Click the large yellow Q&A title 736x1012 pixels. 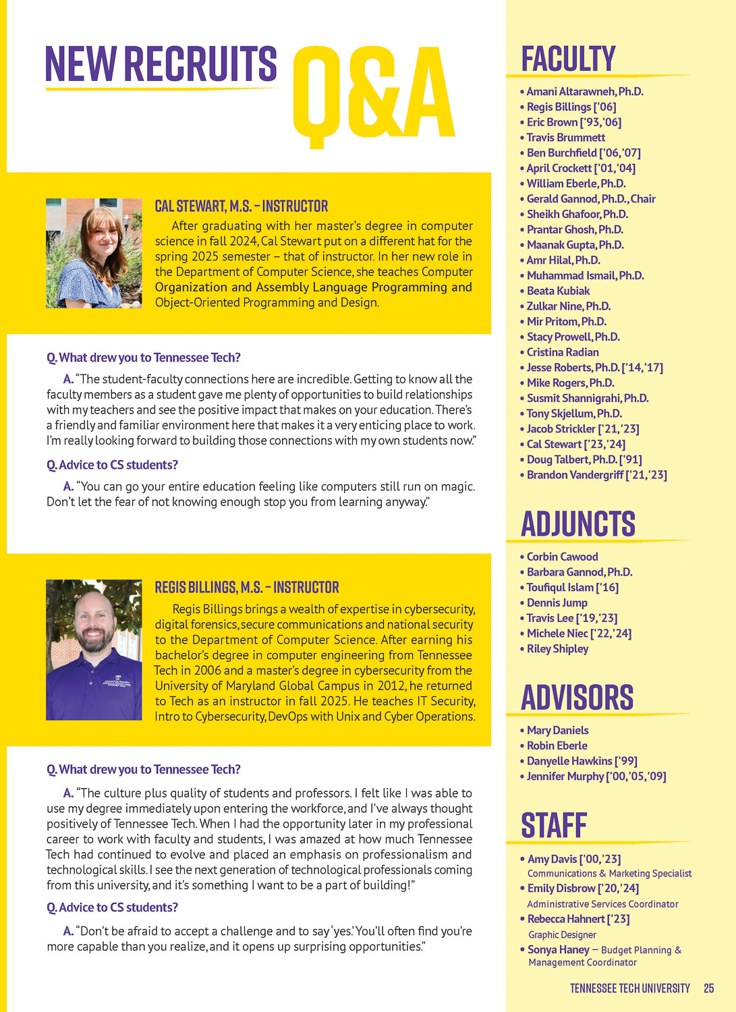[x=374, y=95]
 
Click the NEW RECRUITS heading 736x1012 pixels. [x=161, y=65]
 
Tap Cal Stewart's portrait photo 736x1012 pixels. [x=94, y=253]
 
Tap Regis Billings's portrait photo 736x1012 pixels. [x=94, y=650]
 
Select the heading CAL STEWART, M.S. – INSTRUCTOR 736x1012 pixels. [x=242, y=206]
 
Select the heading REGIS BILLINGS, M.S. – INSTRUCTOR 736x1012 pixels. [x=247, y=587]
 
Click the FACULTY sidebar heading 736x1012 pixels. [x=568, y=59]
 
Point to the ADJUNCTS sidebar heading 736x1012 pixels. [x=578, y=524]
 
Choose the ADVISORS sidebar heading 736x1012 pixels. [x=577, y=698]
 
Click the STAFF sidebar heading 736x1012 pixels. [x=554, y=825]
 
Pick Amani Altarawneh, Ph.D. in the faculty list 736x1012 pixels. [x=585, y=91]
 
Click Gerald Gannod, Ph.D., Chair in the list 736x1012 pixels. [x=591, y=199]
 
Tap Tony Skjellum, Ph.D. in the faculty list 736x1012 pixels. [x=574, y=414]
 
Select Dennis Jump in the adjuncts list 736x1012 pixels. [x=557, y=602]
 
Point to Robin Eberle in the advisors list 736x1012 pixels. [x=557, y=746]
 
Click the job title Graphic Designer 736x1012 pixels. [x=562, y=934]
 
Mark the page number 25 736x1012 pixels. [x=708, y=988]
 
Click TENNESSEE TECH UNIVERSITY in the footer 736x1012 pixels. [x=629, y=988]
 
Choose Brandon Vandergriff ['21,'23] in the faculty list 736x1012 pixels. [x=596, y=475]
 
